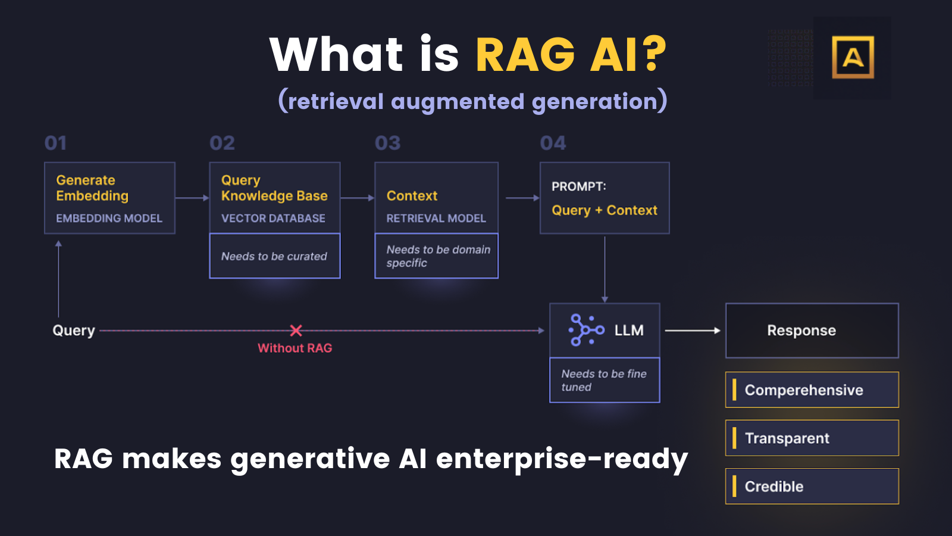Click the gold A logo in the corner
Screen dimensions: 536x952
click(x=853, y=57)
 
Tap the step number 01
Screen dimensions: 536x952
click(x=56, y=143)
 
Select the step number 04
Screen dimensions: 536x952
click(x=553, y=143)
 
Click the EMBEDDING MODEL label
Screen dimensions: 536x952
click(x=109, y=219)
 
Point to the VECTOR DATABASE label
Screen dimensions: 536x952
click(x=273, y=219)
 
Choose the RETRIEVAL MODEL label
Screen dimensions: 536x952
click(x=436, y=219)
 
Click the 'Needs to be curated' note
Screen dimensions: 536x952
click(x=274, y=256)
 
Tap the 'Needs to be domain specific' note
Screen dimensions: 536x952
click(x=438, y=256)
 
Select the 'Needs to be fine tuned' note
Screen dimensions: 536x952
click(x=604, y=380)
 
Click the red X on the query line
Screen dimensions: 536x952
click(x=296, y=331)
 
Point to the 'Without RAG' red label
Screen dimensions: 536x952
click(x=295, y=348)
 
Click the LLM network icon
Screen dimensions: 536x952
click(x=586, y=330)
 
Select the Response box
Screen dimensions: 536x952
click(x=812, y=331)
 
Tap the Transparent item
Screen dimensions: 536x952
click(x=812, y=438)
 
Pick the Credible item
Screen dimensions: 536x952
click(x=812, y=487)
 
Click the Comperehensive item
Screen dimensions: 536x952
click(x=812, y=390)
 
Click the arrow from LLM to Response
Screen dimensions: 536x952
click(x=692, y=331)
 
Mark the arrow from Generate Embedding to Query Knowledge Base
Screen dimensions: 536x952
click(x=192, y=198)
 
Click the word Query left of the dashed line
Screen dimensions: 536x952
click(x=74, y=331)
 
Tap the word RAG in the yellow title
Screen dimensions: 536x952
click(x=525, y=55)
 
